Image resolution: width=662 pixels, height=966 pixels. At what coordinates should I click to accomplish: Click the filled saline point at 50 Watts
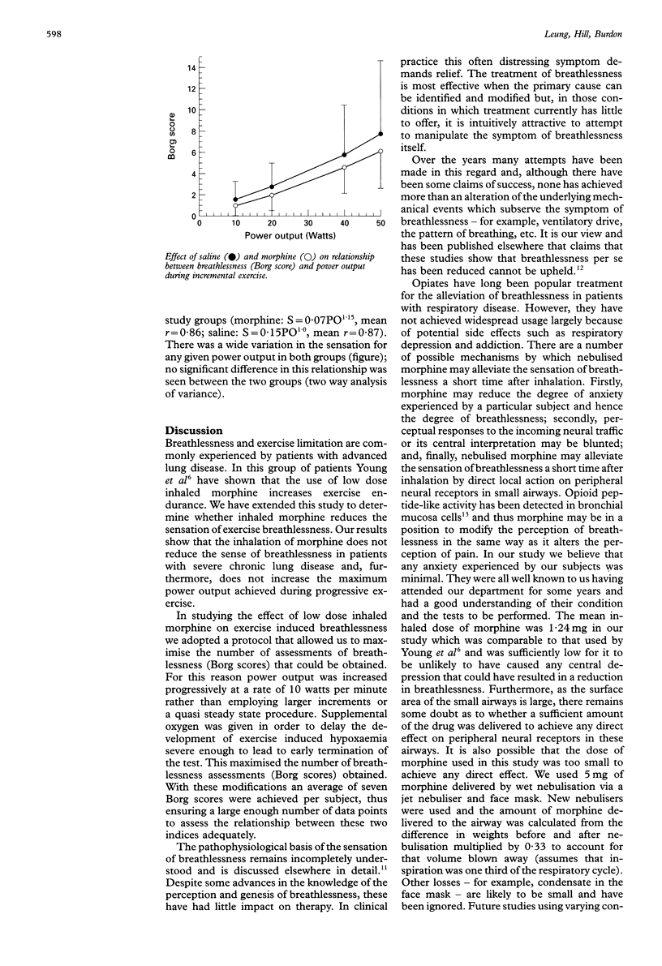pos(380,134)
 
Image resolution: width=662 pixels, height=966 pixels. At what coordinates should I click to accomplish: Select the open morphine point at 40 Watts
pos(344,167)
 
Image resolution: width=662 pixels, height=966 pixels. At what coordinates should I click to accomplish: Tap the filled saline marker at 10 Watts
pos(235,200)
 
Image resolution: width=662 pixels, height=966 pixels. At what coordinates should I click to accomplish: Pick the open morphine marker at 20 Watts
pos(272,195)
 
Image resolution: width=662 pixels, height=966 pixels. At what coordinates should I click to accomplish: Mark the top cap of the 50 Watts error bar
pos(380,61)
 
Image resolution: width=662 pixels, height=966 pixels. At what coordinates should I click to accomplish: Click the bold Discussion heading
pos(196,430)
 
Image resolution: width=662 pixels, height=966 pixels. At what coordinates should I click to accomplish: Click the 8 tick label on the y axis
pos(193,131)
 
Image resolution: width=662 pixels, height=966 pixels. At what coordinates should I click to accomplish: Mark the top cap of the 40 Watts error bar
pos(344,105)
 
